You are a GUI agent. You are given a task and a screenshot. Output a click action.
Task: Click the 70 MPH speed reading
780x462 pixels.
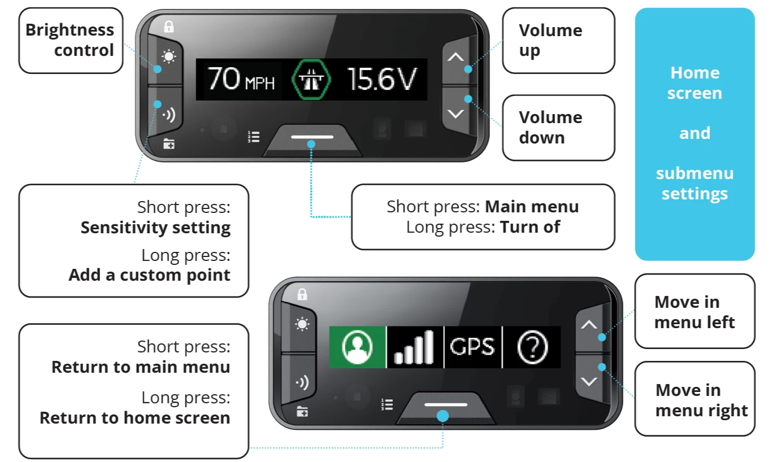point(241,79)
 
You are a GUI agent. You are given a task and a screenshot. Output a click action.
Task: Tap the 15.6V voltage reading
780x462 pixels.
point(382,79)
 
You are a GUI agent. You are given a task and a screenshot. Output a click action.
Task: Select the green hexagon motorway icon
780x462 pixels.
point(311,79)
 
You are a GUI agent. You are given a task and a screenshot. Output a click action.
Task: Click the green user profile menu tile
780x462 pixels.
point(358,347)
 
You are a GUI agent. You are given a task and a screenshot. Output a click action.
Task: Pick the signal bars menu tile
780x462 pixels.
point(415,347)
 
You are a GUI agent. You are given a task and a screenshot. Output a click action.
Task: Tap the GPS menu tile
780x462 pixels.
point(473,347)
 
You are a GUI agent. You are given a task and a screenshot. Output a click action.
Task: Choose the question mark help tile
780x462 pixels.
point(532,347)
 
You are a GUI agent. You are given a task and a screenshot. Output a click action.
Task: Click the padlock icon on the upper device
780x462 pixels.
point(169,27)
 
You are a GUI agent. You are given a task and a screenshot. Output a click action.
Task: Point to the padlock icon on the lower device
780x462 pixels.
point(302,294)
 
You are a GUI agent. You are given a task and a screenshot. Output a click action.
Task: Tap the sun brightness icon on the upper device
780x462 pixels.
point(169,56)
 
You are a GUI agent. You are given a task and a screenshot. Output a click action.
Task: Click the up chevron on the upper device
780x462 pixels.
point(456,56)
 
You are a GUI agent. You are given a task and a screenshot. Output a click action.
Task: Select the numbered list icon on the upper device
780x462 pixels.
point(253,137)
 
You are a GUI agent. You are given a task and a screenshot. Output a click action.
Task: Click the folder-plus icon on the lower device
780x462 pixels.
point(302,412)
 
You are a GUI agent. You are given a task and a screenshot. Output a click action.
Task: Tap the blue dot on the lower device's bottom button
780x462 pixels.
point(443,416)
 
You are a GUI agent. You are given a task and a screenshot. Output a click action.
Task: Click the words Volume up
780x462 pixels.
point(551,40)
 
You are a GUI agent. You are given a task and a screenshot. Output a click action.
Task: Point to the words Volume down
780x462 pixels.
point(551,127)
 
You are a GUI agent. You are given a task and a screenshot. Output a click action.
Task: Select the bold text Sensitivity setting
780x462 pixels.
point(155,228)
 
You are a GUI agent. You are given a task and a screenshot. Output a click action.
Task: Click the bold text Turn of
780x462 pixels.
point(530,227)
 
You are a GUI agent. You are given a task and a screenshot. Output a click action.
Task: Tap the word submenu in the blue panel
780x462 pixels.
point(695,173)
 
